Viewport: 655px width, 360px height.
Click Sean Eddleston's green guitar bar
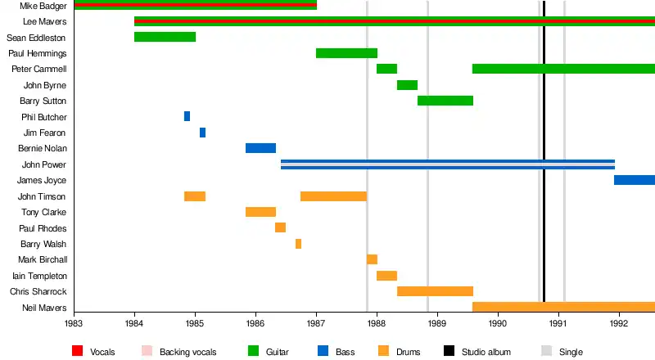[x=165, y=37]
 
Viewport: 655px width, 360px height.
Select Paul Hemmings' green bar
[x=346, y=53]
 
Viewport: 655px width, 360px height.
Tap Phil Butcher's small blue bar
[x=187, y=116]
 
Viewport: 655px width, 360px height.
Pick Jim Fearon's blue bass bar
[x=202, y=133]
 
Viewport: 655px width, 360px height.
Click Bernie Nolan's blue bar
[x=260, y=148]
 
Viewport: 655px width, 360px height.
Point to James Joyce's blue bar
[x=634, y=180]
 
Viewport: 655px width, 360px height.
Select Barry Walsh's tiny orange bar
[x=298, y=244]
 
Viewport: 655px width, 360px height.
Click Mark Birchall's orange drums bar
[x=372, y=259]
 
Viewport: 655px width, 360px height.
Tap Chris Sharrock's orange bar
[x=435, y=291]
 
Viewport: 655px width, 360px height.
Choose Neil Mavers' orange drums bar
[x=563, y=307]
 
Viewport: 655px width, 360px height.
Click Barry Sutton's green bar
[x=445, y=101]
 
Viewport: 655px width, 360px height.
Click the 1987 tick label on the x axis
[x=316, y=323]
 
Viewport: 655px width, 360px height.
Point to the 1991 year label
[x=558, y=323]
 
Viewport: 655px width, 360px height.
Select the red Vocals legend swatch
[x=78, y=352]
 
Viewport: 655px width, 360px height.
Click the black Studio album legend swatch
[x=449, y=352]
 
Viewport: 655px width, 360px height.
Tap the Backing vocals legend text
[x=187, y=352]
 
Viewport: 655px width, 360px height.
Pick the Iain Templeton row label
[x=40, y=276]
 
